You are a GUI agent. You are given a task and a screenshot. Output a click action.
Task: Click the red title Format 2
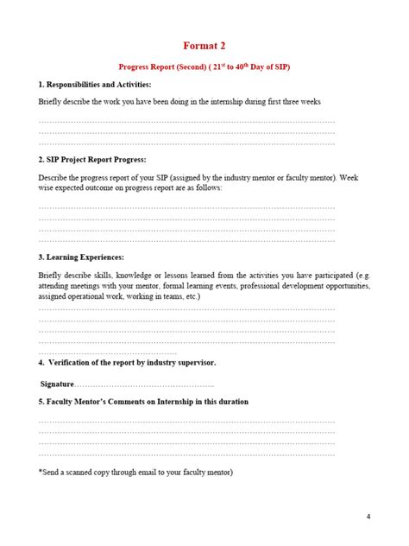204,45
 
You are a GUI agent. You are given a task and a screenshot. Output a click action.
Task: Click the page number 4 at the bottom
368,517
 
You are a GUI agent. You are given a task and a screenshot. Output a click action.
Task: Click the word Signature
58,383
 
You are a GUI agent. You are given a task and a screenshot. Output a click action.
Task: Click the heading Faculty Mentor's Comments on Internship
147,402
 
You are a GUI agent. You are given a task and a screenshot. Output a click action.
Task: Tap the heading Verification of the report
129,363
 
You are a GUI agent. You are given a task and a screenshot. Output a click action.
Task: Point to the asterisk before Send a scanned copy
40,473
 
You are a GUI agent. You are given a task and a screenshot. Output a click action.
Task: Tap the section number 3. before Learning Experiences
41,257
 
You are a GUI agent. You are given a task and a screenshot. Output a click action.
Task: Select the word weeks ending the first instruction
309,101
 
